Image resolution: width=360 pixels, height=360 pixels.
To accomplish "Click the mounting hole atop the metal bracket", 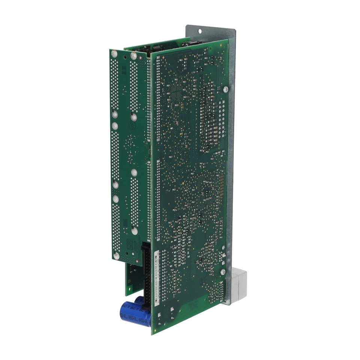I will coord(199,32).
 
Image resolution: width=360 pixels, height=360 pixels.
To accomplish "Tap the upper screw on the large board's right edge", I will coord(225,89).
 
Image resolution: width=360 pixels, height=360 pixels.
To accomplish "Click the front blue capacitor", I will coord(135,314).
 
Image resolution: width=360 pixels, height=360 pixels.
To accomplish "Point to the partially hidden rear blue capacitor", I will coord(139,300).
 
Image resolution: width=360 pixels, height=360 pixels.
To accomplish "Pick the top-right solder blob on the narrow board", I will coord(133,56).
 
